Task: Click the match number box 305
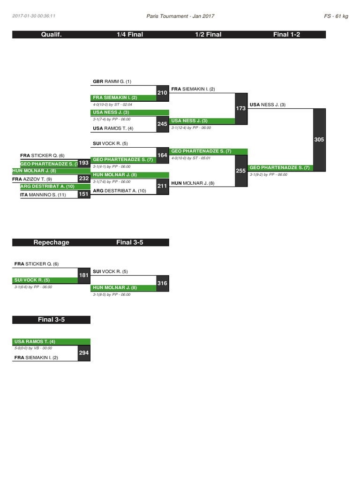319,140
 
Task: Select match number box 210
162,93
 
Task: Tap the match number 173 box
240,108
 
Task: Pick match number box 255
240,171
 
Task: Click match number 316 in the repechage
162,283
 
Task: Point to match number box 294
84,352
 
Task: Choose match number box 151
84,194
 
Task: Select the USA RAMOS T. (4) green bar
52,342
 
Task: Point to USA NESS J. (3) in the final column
268,105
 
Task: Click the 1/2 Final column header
208,34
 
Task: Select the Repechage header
51,242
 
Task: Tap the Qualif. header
51,34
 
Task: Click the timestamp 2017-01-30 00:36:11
34,16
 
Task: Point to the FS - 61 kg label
336,16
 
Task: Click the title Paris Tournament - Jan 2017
180,16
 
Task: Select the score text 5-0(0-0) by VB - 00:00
33,348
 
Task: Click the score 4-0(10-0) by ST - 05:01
191,158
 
